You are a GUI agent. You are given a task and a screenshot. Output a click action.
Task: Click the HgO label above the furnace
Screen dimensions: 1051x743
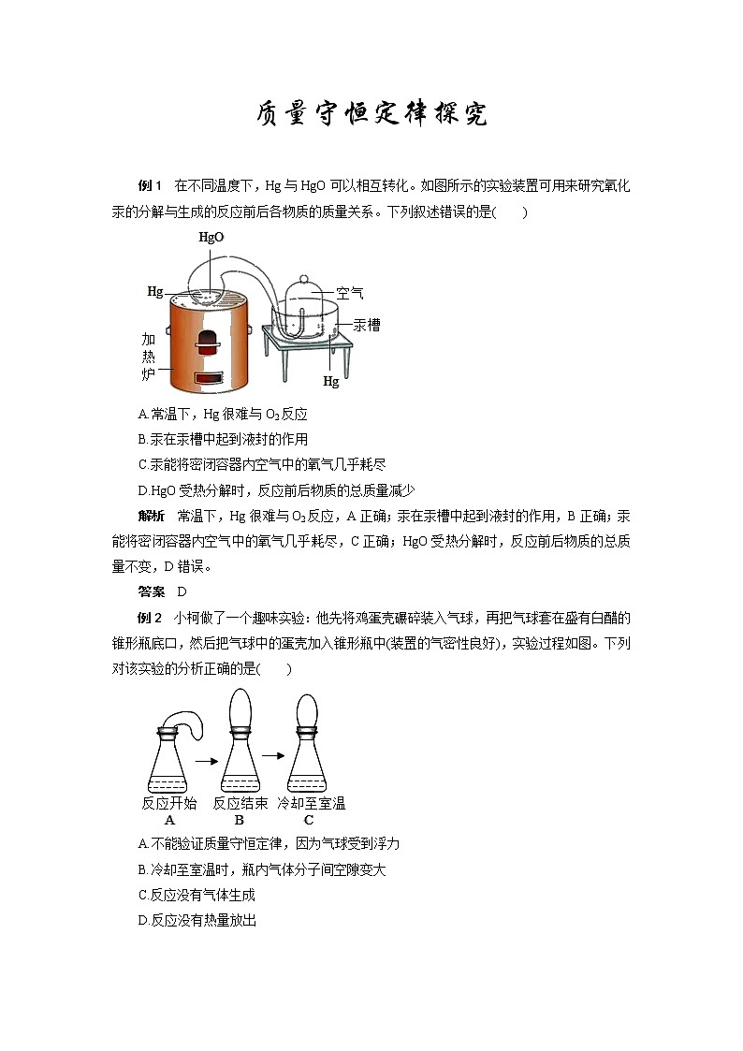tap(211, 238)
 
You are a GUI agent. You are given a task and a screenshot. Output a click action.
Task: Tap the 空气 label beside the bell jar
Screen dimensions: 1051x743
tap(350, 293)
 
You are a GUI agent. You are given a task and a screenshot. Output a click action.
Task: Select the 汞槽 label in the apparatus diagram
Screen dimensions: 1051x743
tap(366, 325)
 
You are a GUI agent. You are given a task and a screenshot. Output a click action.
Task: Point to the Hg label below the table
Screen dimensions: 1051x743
tap(330, 382)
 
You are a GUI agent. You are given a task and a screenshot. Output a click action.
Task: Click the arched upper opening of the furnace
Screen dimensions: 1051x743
tap(208, 340)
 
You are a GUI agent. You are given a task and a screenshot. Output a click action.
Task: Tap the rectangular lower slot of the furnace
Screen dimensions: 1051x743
tap(208, 378)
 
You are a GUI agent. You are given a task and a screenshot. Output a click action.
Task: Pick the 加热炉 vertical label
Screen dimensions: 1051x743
tap(148, 357)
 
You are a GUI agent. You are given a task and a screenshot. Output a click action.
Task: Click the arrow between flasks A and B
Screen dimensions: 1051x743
tap(201, 761)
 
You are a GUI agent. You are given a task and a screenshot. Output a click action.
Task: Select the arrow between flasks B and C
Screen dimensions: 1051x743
tap(272, 752)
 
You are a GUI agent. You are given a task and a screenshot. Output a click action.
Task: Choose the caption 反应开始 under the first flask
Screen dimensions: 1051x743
tap(169, 803)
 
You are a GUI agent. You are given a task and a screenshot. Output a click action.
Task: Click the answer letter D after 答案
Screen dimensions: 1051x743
tap(182, 591)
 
